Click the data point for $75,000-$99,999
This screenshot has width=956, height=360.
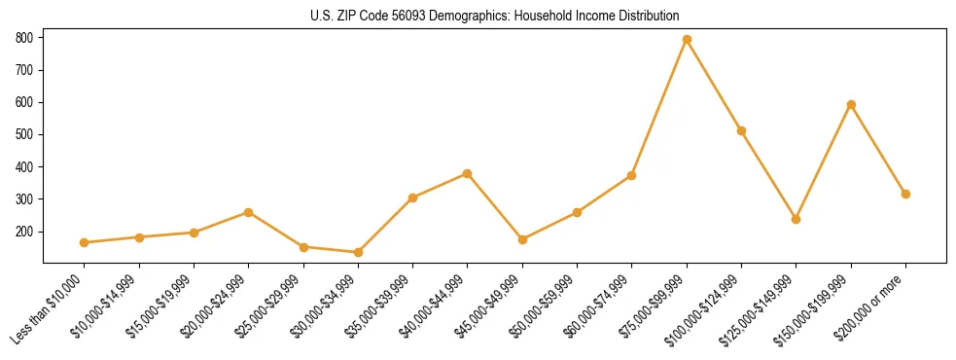coord(687,40)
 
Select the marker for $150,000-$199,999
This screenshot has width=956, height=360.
coord(851,104)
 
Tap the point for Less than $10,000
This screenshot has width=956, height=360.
coord(85,242)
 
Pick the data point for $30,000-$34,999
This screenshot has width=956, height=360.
coord(358,252)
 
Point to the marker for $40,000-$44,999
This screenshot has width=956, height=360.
coord(468,173)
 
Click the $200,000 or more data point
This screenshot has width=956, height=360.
coord(905,194)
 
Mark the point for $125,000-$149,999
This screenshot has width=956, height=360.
coord(797,219)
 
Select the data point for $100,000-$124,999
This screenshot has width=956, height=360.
coord(741,130)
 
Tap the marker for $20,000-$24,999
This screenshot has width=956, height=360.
coord(249,212)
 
